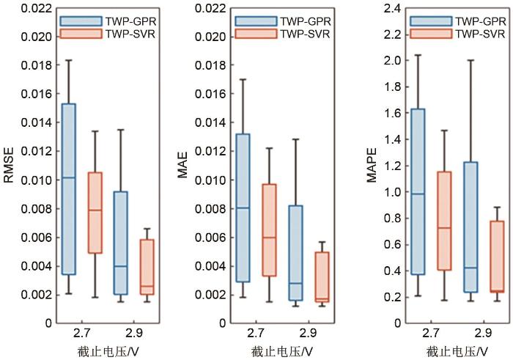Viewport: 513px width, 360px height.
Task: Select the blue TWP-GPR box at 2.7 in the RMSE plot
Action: pos(68,189)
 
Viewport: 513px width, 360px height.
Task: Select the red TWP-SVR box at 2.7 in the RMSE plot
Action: pos(95,213)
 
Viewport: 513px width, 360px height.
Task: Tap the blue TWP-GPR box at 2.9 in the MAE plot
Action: pos(295,253)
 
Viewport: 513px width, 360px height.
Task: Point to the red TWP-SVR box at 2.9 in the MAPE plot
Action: pos(498,257)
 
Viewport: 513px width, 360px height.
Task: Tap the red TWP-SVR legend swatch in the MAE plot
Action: pos(250,34)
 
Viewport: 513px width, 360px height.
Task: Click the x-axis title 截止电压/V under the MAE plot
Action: pos(282,350)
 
